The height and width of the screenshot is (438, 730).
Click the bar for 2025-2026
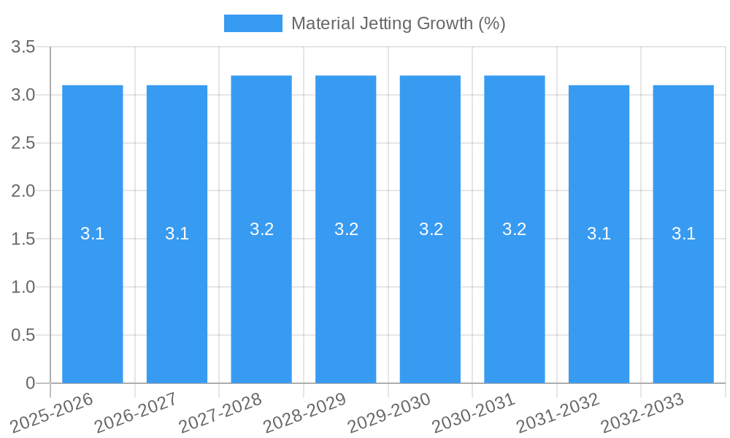point(93,292)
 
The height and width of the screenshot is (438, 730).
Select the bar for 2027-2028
point(261,292)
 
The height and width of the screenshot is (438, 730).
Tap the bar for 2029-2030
point(430,292)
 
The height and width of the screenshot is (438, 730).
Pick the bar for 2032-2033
point(683,292)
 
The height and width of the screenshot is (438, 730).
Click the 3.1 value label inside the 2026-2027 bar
point(177,234)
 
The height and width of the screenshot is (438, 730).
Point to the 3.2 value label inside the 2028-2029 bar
point(346,229)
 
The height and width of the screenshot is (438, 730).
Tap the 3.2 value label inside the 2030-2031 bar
point(515,229)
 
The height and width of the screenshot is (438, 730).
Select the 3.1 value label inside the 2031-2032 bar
point(599,234)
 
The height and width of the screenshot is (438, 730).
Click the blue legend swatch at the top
point(253,23)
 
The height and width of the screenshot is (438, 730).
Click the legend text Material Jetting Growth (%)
point(398,23)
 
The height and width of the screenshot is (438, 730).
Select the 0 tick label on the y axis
point(30,383)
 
